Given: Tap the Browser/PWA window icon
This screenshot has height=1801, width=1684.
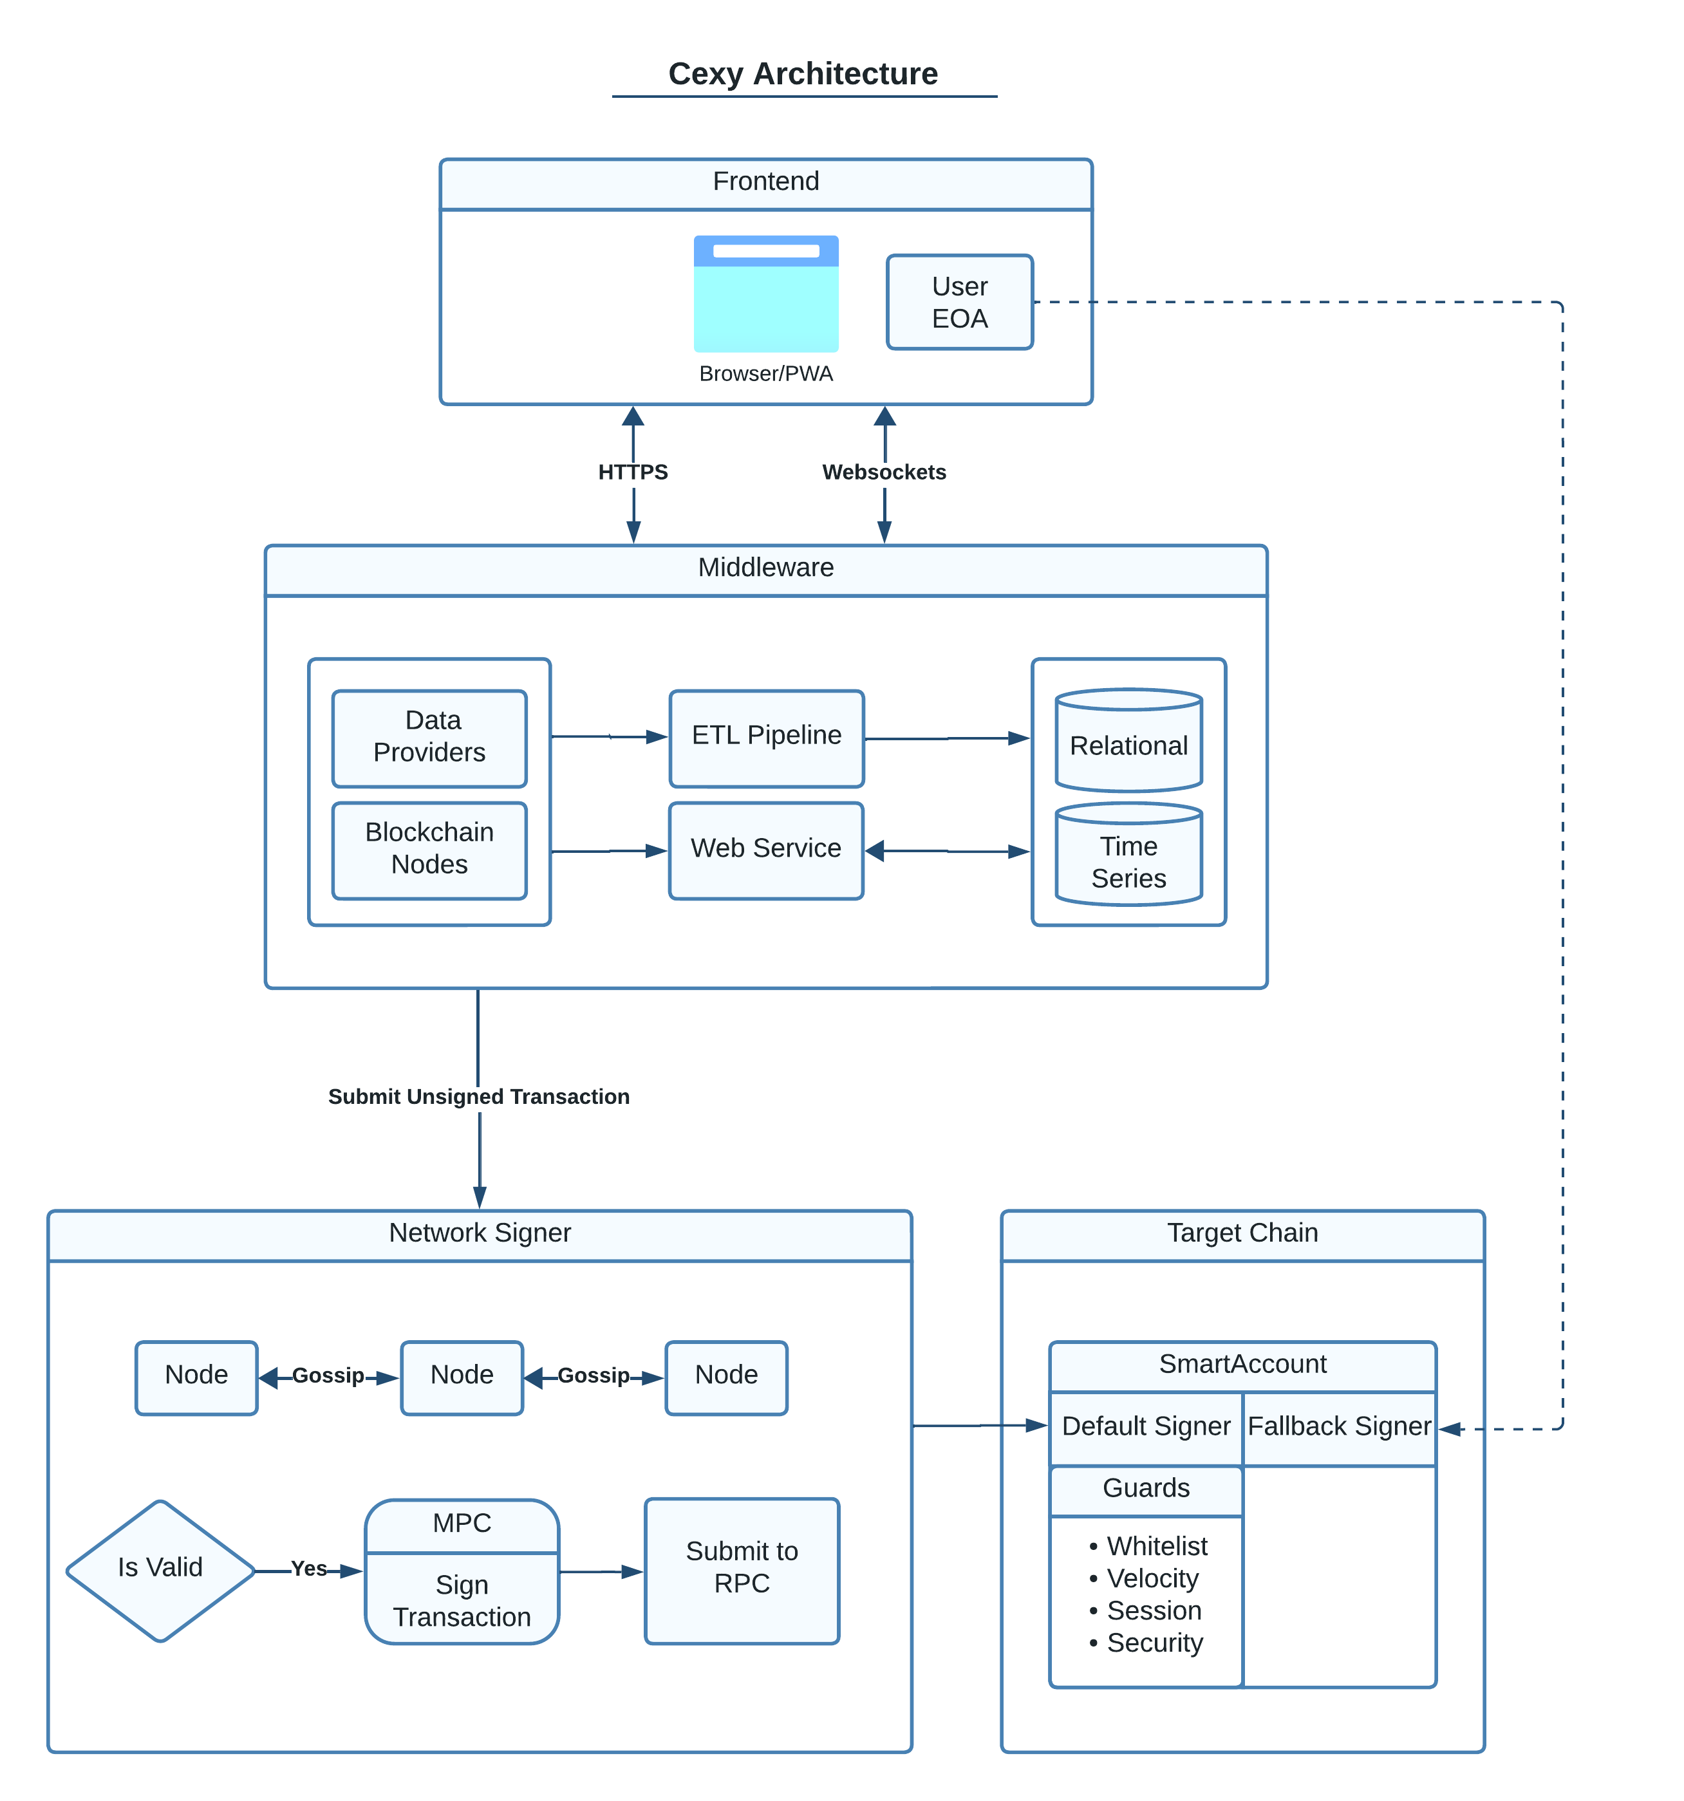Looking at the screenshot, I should (x=766, y=294).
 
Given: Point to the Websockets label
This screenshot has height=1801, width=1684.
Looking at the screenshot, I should (x=883, y=472).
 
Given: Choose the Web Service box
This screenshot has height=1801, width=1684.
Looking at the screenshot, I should (x=766, y=850).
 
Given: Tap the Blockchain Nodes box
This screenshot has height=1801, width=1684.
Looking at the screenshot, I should (x=429, y=850).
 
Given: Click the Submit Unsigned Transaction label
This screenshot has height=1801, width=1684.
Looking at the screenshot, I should (x=478, y=1096).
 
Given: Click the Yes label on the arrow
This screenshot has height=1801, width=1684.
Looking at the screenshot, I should (x=309, y=1568).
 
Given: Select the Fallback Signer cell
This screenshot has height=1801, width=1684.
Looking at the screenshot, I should (x=1339, y=1427).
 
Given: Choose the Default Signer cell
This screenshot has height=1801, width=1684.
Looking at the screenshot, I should (x=1146, y=1427).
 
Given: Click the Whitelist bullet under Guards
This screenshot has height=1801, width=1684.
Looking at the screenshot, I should (x=1156, y=1547).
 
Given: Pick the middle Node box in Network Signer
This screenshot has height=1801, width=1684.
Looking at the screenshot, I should (x=462, y=1376).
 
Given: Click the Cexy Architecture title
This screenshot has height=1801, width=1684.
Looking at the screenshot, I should (x=803, y=74).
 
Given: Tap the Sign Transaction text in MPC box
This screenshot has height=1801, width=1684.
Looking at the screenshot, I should (x=462, y=1601).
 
